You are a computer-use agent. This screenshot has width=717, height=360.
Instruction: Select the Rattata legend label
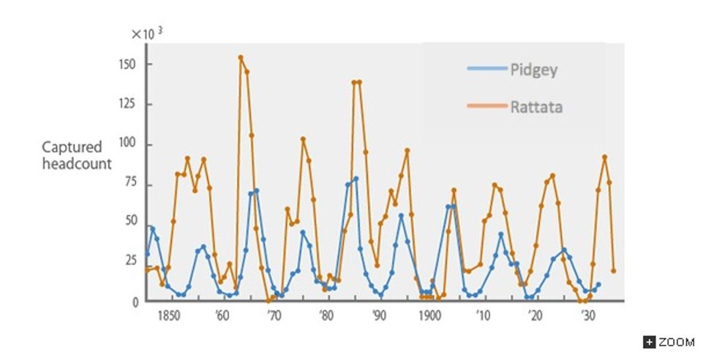(x=536, y=108)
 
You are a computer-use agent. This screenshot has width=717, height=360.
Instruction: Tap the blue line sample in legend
(x=486, y=70)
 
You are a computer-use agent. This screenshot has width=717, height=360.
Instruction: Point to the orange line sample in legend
(x=486, y=106)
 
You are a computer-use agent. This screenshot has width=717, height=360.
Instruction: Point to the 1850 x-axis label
(x=169, y=317)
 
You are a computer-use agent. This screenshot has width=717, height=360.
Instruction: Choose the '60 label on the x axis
(x=221, y=317)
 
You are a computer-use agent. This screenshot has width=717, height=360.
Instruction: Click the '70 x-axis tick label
(x=273, y=317)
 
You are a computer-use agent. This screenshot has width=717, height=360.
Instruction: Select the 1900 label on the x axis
(x=429, y=317)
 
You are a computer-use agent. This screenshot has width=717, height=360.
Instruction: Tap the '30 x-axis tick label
(x=587, y=317)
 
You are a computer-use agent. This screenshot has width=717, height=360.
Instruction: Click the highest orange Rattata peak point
(x=241, y=57)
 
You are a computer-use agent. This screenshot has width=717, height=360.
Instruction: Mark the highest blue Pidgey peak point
(x=356, y=179)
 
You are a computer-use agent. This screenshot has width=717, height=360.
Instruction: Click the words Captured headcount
(x=76, y=156)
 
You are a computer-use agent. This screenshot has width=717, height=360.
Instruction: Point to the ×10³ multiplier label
(x=147, y=34)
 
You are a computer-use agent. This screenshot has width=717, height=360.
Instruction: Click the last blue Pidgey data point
(x=598, y=285)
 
